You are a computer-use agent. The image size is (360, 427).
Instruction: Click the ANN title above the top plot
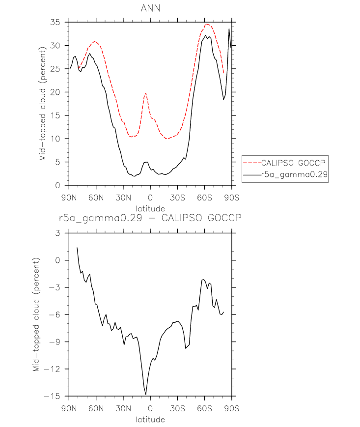[150, 8]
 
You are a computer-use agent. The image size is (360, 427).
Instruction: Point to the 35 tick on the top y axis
[55, 22]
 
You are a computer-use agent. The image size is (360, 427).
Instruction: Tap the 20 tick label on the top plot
[55, 92]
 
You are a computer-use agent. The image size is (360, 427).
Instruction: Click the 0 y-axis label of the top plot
[57, 185]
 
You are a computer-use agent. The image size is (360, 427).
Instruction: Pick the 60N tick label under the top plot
[96, 198]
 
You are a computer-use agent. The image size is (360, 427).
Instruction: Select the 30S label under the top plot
[177, 198]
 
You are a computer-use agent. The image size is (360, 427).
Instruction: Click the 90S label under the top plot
[232, 198]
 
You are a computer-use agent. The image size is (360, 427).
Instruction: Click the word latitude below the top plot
[150, 209]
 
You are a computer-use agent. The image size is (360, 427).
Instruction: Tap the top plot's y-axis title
[42, 104]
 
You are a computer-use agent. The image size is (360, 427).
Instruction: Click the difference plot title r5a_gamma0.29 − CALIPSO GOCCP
[150, 218]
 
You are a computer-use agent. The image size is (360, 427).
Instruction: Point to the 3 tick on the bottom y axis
[57, 233]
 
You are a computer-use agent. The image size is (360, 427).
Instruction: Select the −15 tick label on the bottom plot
[52, 396]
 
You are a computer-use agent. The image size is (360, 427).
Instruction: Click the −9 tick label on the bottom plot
[55, 342]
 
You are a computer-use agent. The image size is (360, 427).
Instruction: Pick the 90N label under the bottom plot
[69, 408]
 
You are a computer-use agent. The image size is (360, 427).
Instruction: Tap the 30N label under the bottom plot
[123, 408]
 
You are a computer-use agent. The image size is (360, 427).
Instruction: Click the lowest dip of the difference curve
[146, 394]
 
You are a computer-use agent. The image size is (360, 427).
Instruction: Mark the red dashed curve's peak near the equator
[146, 93]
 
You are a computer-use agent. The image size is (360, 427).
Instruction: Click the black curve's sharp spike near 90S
[229, 28]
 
